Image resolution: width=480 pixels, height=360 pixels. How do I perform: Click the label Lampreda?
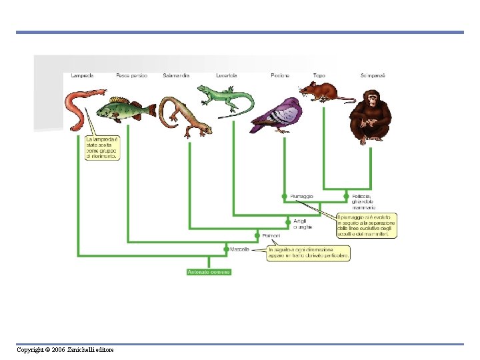[x=82, y=75]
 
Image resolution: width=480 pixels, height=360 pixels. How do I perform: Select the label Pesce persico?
[x=131, y=75]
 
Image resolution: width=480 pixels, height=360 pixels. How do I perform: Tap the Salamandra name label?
[x=176, y=75]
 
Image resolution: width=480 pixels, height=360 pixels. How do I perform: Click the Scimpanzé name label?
[x=373, y=75]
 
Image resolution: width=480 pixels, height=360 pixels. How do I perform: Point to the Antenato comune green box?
[x=209, y=272]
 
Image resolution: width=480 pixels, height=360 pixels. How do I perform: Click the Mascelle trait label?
[x=240, y=249]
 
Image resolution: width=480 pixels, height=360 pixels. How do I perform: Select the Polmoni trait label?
[x=271, y=235]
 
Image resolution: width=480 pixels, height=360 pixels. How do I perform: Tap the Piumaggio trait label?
[x=301, y=196]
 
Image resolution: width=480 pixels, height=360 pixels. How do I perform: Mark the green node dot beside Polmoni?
[x=257, y=235]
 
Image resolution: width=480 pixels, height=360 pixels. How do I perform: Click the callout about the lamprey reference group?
[x=103, y=148]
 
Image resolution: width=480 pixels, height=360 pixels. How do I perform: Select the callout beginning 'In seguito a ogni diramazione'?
[x=308, y=253]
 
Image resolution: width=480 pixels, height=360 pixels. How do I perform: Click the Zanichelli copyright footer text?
[x=65, y=350]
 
